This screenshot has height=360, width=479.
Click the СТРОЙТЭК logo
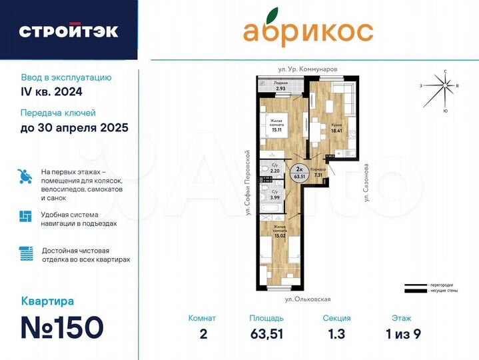point(69,31)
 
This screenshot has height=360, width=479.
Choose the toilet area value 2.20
point(274,171)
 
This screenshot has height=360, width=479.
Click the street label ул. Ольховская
point(308,300)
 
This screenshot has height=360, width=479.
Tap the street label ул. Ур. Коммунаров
point(308,69)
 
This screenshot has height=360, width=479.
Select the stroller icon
point(25,177)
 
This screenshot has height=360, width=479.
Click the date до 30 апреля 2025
point(74,127)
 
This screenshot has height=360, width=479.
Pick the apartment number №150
point(62,328)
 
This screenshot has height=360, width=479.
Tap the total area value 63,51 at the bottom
point(266,334)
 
